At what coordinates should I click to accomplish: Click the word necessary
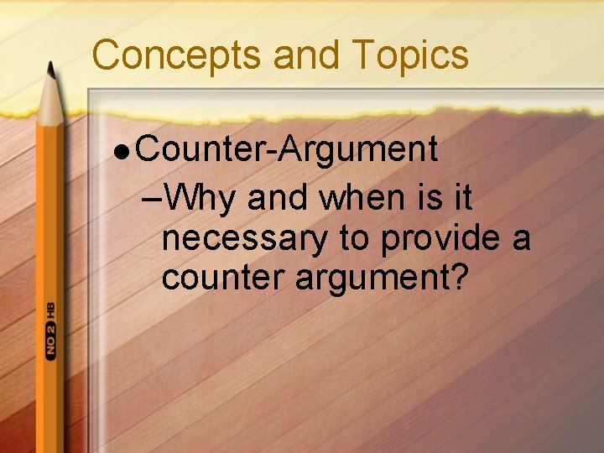pyautogui.click(x=244, y=240)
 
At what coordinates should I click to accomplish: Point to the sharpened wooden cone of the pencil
pyautogui.click(x=51, y=101)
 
